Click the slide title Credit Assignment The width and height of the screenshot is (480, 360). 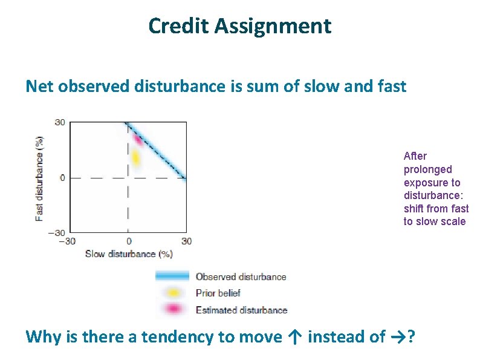(x=239, y=26)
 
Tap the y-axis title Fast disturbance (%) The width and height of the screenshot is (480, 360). (x=39, y=177)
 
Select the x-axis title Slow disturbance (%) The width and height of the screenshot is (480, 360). (x=129, y=254)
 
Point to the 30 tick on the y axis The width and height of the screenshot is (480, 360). (x=60, y=122)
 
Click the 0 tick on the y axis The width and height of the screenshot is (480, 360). (x=62, y=178)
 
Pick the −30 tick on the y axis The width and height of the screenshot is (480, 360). (x=58, y=233)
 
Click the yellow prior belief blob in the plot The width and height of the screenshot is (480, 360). (x=135, y=158)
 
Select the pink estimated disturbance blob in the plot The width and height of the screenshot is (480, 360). (x=138, y=140)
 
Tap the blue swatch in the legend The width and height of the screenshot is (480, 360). (x=172, y=277)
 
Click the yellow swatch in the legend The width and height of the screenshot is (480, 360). (x=173, y=293)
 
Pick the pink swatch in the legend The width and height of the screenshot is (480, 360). (x=173, y=310)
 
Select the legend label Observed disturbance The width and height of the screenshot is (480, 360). (x=241, y=277)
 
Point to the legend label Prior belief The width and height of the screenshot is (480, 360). (x=218, y=293)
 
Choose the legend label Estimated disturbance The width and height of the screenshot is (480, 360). (x=241, y=310)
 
